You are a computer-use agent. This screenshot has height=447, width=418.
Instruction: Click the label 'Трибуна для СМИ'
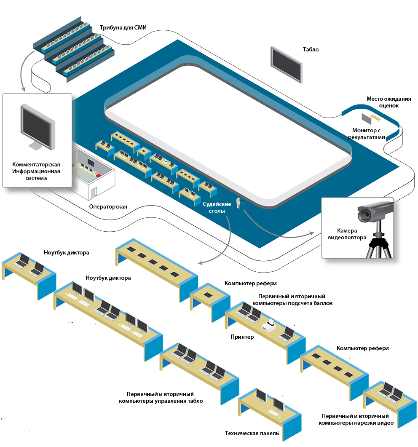(x=123, y=28)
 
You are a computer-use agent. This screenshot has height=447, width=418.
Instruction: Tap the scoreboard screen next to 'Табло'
(x=286, y=64)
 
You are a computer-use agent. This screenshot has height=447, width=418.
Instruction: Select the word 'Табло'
(x=311, y=49)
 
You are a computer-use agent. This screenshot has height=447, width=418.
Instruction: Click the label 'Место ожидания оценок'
(x=382, y=102)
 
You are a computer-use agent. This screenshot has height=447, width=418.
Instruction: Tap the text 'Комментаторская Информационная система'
(x=36, y=171)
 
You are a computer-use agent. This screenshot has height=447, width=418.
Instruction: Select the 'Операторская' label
(x=108, y=207)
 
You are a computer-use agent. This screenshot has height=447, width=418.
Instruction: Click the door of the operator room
(x=93, y=191)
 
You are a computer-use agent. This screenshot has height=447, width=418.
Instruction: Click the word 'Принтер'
(x=242, y=337)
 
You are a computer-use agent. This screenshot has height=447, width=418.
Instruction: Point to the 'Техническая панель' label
(x=252, y=433)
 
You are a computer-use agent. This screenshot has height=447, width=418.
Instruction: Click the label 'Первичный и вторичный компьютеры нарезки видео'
(x=356, y=419)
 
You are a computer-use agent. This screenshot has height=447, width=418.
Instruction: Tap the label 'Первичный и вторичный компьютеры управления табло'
(x=161, y=397)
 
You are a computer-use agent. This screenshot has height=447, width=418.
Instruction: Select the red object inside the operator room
(x=98, y=174)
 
